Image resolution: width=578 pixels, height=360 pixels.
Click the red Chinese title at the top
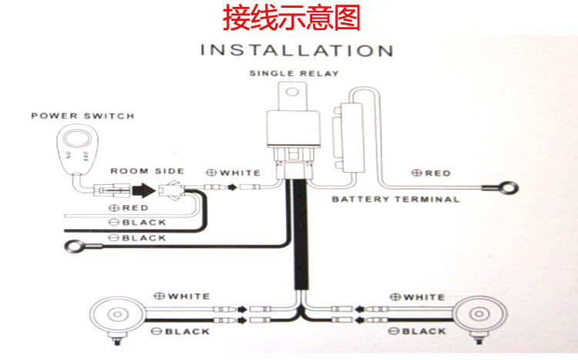[x=291, y=19]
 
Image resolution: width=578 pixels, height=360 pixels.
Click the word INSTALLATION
[x=297, y=52]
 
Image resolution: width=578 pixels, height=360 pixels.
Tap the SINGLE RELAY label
[x=294, y=74]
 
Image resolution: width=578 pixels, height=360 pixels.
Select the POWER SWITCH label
[x=82, y=116]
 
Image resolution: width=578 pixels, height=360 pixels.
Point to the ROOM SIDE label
[x=147, y=170]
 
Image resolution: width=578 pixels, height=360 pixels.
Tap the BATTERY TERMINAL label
[x=395, y=199]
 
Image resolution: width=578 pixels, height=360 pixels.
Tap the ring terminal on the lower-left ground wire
[x=75, y=247]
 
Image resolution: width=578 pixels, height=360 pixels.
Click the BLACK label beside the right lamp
[x=418, y=331]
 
